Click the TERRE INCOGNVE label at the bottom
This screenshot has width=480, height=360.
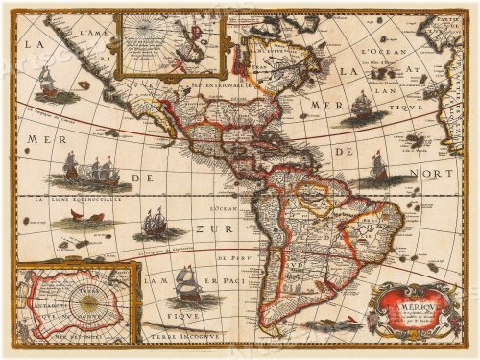click(181, 338)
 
